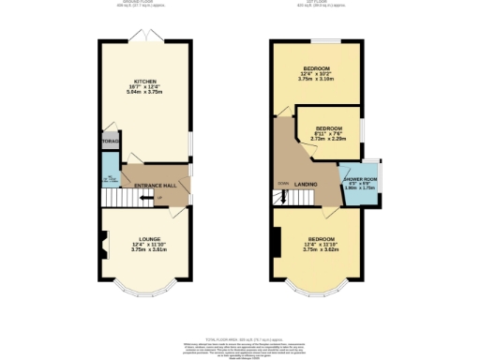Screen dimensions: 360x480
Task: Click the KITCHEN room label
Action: pos(144,82)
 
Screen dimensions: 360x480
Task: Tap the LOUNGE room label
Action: pos(143,240)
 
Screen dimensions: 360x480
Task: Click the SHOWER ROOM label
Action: pos(359,178)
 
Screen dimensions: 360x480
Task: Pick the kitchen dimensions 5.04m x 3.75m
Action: pos(144,93)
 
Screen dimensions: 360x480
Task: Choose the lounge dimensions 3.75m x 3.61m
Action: pos(143,250)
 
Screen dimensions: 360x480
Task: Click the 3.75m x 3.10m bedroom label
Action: pos(317,79)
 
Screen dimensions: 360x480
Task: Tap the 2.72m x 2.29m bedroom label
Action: pos(328,138)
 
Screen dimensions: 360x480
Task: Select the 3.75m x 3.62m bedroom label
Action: pos(317,249)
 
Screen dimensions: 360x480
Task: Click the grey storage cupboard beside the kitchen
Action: pos(109,141)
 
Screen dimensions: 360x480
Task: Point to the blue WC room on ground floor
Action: pos(109,178)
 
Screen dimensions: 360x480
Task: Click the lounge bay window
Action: pos(143,287)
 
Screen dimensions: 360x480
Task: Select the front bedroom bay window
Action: pos(317,287)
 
